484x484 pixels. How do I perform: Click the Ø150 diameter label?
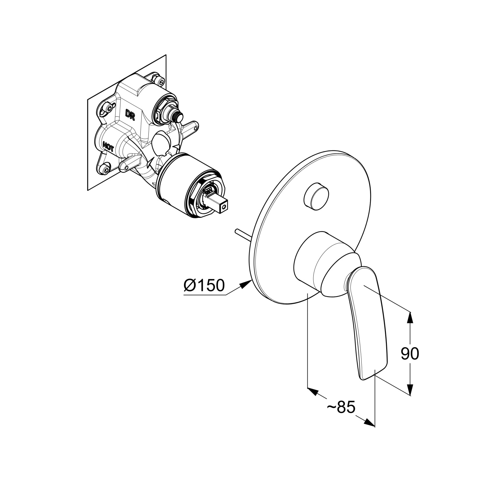[204, 285]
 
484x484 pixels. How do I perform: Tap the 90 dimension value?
[410, 354]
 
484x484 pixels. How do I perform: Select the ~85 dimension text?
[341, 407]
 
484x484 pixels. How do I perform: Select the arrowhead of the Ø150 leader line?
[248, 283]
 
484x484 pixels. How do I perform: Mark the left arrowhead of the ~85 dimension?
[313, 391]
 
